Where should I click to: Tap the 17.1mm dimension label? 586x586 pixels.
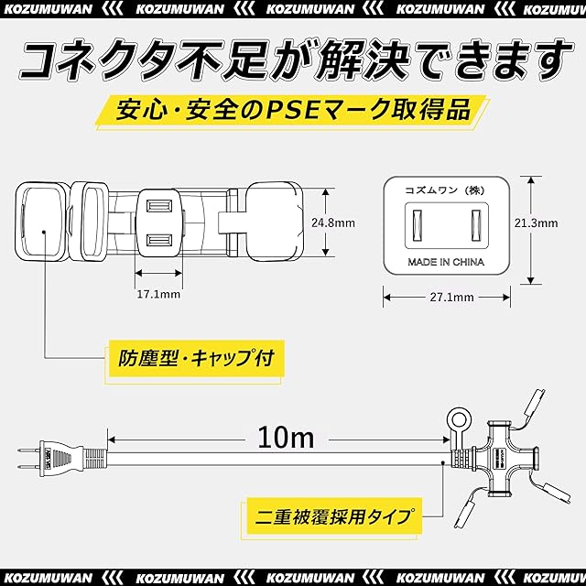pyautogui.click(x=158, y=294)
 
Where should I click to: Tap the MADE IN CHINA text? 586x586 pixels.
pyautogui.click(x=446, y=262)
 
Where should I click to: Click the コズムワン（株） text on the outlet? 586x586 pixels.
pyautogui.click(x=445, y=190)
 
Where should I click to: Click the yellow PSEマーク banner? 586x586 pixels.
pyautogui.click(x=293, y=111)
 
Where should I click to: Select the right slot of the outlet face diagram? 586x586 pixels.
pyautogui.click(x=475, y=225)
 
